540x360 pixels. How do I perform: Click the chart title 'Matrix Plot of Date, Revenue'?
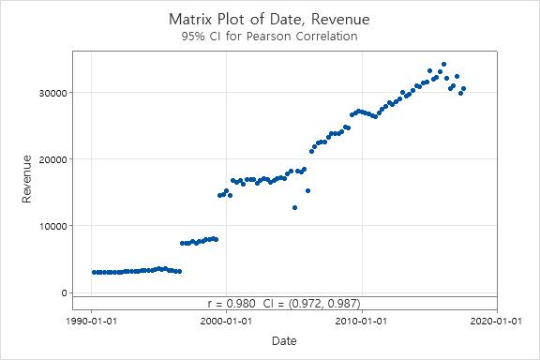point(269,18)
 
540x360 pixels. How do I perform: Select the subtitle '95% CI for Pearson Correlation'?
point(269,37)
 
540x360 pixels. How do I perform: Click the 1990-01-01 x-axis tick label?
point(91,321)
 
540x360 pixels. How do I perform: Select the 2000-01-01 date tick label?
point(226,321)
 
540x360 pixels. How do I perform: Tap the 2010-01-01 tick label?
point(361,321)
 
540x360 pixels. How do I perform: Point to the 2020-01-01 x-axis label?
point(496,321)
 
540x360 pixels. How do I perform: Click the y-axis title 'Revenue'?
point(28,179)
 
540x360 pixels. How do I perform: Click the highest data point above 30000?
point(443,65)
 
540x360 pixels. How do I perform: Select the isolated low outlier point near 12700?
point(294,207)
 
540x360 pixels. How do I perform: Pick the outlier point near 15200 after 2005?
point(307,190)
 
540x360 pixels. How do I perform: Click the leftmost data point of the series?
point(94,272)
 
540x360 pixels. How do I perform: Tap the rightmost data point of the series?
point(463,88)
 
